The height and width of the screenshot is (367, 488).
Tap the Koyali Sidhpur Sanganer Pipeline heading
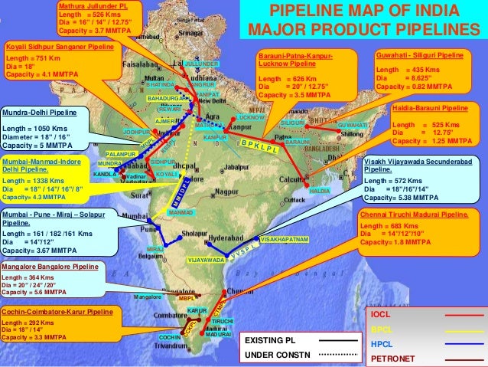tap(59, 47)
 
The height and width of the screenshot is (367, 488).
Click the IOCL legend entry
tap(382, 315)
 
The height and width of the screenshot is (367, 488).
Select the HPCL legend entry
tap(382, 343)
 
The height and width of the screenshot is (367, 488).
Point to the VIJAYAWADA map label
tap(206, 261)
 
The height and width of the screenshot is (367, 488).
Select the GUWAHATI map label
tap(352, 124)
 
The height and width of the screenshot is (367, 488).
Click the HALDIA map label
tap(320, 190)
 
